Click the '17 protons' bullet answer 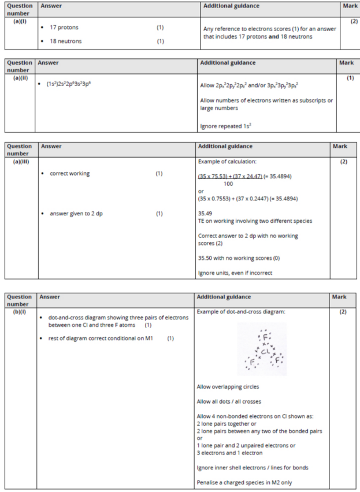64,28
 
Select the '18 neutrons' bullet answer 65,41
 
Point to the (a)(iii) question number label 21,162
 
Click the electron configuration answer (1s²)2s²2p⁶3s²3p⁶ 68,84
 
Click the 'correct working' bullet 69,173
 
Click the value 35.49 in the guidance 205,213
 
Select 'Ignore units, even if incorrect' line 235,273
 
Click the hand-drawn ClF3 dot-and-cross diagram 261,349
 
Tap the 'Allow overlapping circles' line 228,386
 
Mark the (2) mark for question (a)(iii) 344,162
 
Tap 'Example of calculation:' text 224,162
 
